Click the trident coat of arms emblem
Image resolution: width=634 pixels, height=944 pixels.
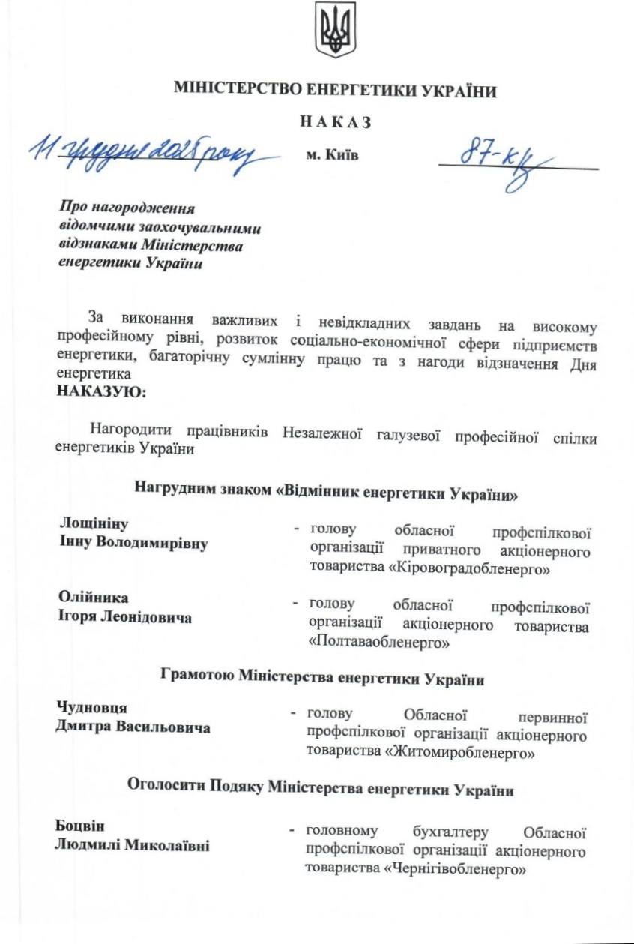click(335, 31)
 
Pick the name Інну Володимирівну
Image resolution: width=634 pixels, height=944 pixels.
click(133, 543)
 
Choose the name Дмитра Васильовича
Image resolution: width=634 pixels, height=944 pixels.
click(133, 727)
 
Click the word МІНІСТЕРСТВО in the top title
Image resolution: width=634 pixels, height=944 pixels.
click(238, 91)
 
